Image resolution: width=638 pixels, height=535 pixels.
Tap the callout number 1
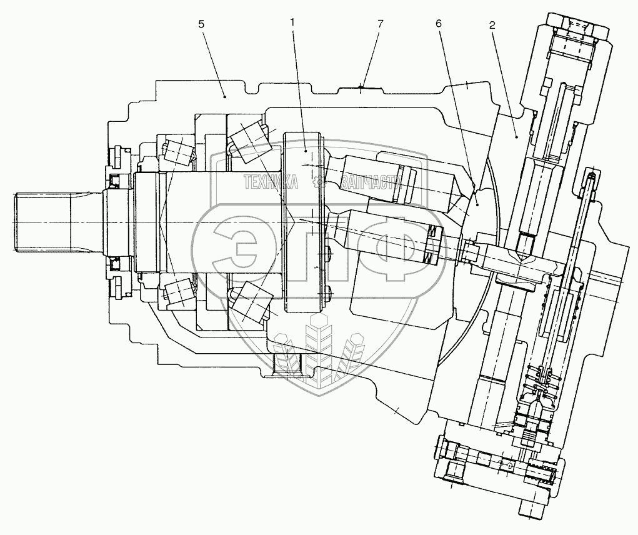(x=292, y=22)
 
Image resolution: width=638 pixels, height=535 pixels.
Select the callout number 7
(x=381, y=23)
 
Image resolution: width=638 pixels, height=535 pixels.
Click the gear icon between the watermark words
(x=319, y=182)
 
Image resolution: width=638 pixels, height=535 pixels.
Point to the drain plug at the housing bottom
(x=286, y=363)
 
